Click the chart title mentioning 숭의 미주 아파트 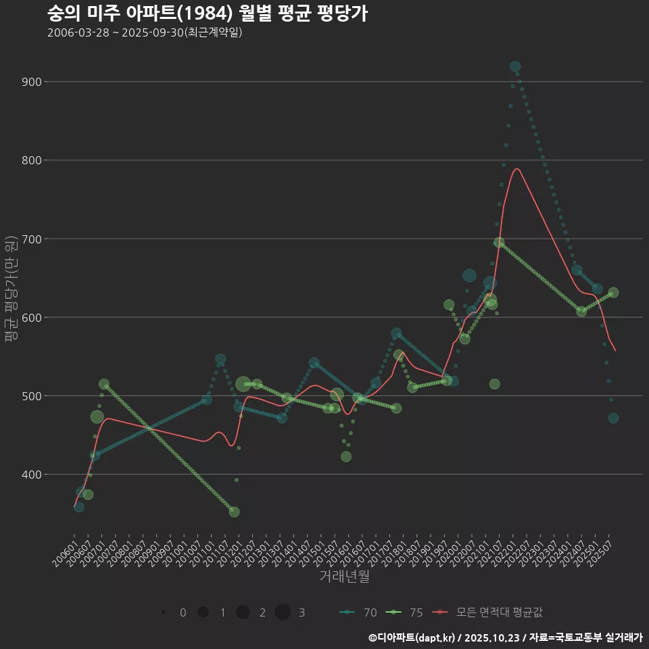pyautogui.click(x=208, y=14)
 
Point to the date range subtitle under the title pyautogui.click(x=145, y=32)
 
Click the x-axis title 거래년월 pyautogui.click(x=344, y=577)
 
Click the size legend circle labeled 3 pyautogui.click(x=283, y=612)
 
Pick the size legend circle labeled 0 pyautogui.click(x=164, y=612)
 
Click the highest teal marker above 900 pyautogui.click(x=515, y=67)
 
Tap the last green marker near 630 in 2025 pyautogui.click(x=613, y=293)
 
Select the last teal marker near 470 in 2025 pyautogui.click(x=613, y=418)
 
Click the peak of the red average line pyautogui.click(x=517, y=168)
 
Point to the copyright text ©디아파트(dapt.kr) pyautogui.click(x=413, y=637)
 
